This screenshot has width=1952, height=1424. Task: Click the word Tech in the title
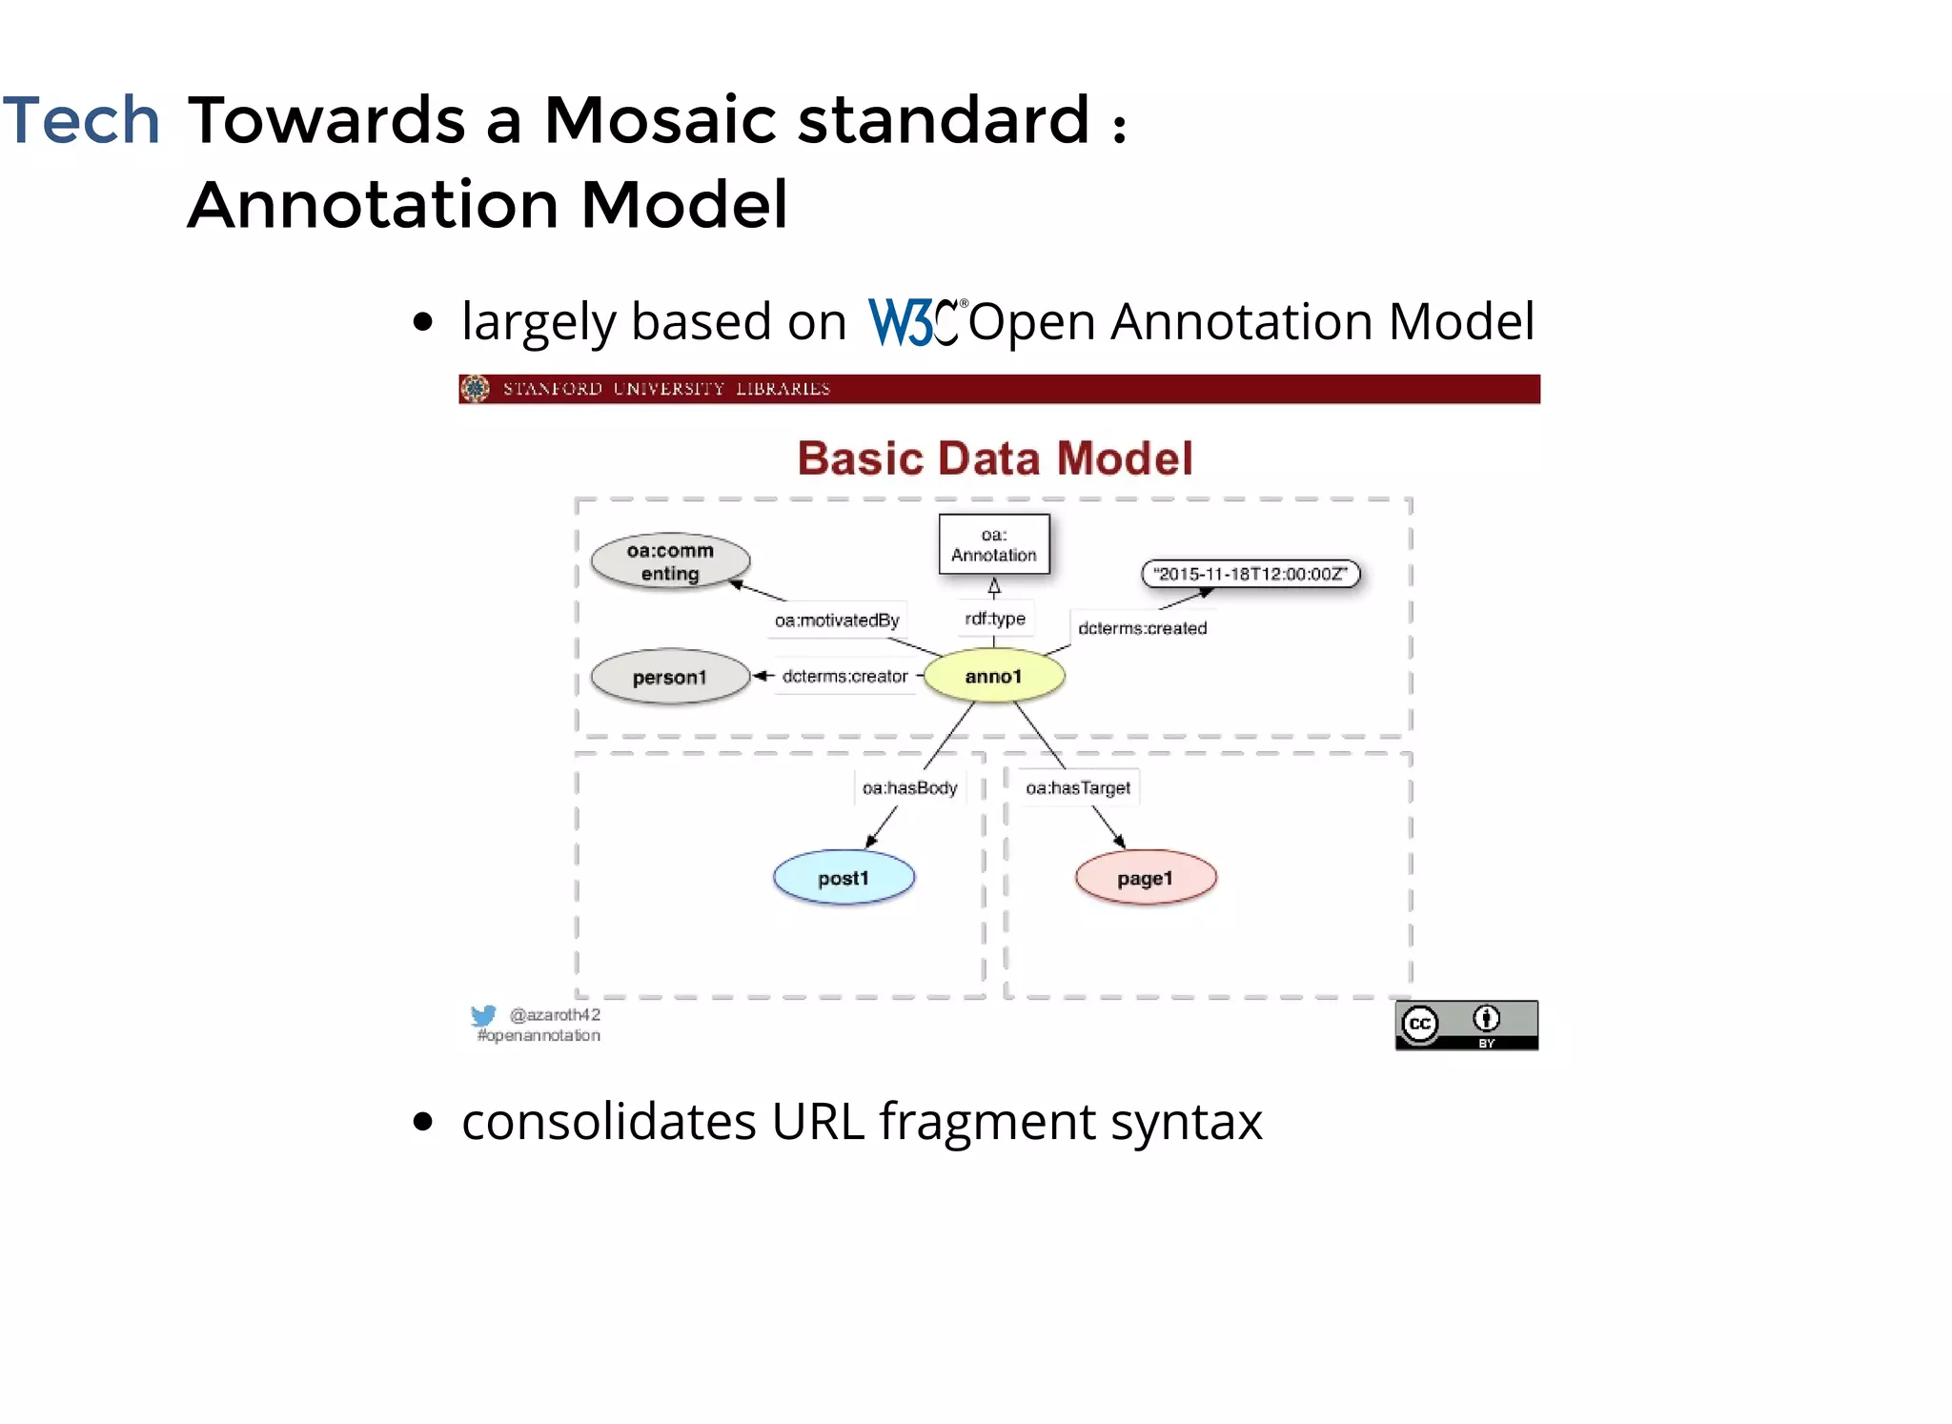(81, 121)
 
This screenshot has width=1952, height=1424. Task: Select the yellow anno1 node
(994, 676)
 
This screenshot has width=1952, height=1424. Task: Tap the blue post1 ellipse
(844, 878)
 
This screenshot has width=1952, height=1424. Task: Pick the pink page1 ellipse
(1146, 878)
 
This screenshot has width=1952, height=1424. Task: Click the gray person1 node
(670, 677)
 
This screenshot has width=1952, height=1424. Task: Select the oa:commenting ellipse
(670, 561)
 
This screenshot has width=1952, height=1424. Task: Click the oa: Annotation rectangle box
(994, 544)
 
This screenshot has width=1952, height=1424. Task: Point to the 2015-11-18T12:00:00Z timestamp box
(1250, 574)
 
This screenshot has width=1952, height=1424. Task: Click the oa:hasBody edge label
(909, 788)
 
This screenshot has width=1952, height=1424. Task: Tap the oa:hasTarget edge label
(1078, 788)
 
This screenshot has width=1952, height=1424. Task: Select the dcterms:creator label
(844, 676)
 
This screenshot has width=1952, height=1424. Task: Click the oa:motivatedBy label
(837, 620)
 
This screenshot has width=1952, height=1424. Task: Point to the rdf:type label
(995, 619)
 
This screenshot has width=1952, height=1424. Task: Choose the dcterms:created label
(1142, 628)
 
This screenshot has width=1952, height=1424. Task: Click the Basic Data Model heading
(995, 458)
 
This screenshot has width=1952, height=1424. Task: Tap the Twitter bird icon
(483, 1016)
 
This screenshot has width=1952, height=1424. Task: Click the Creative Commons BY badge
(1466, 1026)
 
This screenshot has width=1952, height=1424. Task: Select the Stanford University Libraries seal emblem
(475, 389)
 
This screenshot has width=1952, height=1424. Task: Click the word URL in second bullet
(818, 1122)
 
